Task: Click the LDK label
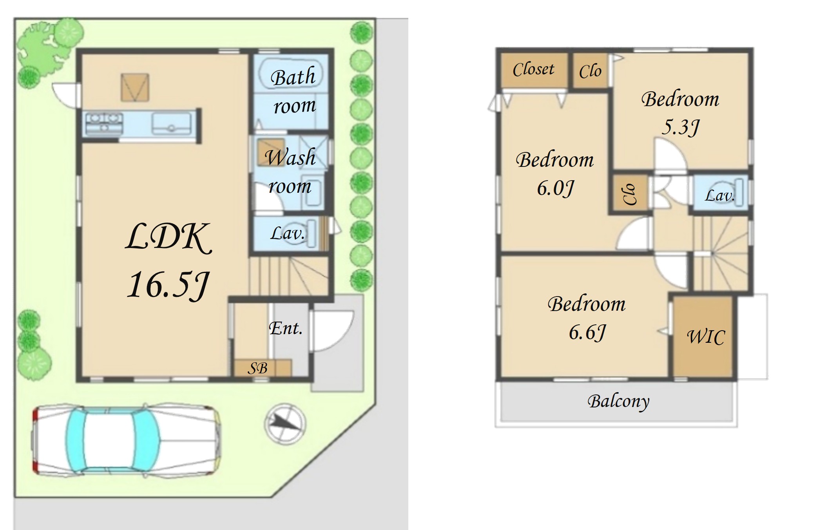coord(168,237)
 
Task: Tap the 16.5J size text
coord(168,285)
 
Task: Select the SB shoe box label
coord(258,368)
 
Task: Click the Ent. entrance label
coord(286,328)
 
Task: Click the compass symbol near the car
coord(285,423)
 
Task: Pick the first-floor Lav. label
coord(288,233)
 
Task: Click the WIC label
coord(706,337)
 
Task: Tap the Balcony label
coord(618,402)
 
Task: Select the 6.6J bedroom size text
coord(587,333)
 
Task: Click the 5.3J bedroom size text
coord(680,127)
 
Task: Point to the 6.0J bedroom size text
coord(555,188)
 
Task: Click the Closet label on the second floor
coord(533,69)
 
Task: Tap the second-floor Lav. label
coord(719,195)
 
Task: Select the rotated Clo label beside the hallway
coord(629,194)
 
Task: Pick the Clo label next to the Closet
coord(590,71)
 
